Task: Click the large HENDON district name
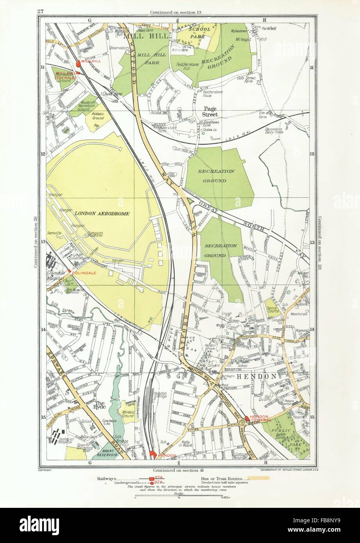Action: pyautogui.click(x=252, y=377)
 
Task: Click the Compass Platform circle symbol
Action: pyautogui.click(x=86, y=236)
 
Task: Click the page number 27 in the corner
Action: pyautogui.click(x=40, y=11)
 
